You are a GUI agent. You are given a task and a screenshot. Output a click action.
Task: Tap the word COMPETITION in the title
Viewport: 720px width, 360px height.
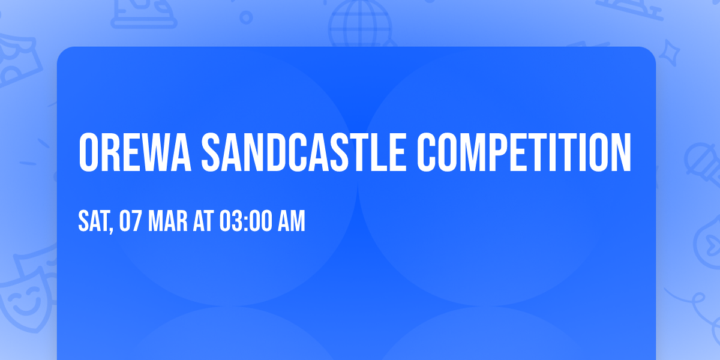[x=524, y=152]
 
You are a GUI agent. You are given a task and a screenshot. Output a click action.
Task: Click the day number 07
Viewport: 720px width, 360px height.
[x=130, y=221]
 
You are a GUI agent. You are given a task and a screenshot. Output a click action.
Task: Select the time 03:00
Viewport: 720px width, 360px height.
[x=245, y=221]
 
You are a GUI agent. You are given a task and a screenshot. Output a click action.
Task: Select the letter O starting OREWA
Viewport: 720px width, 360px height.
[x=89, y=152]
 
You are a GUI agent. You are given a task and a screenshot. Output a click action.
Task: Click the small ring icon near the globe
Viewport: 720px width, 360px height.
[x=246, y=16]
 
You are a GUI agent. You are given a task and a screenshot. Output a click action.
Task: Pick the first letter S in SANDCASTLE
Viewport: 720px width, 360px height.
[x=211, y=152]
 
